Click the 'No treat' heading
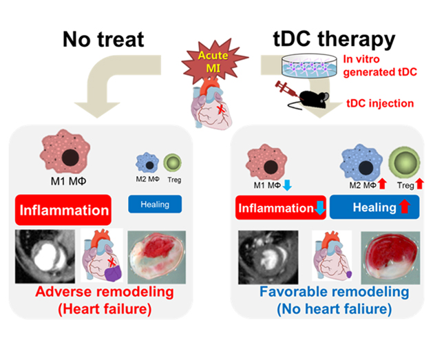coord(103,39)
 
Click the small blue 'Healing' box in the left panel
coord(155,204)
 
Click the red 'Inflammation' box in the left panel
coord(63,209)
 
